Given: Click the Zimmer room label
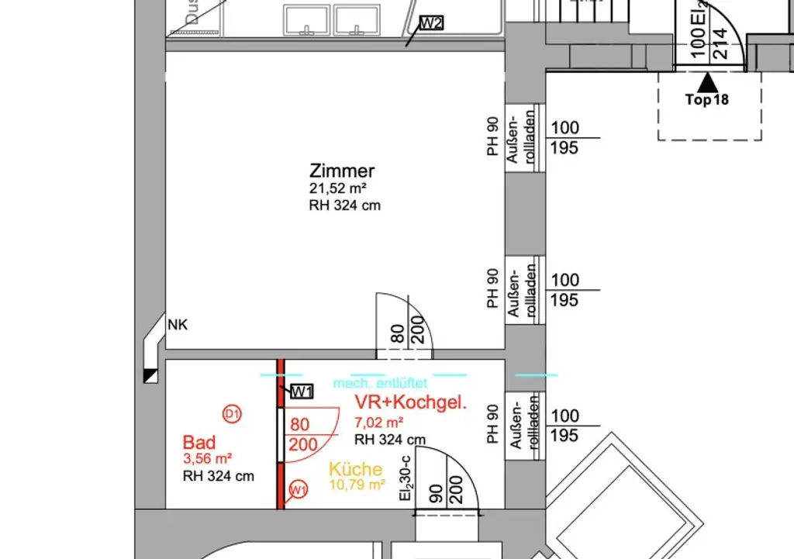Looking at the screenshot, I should click(x=342, y=171).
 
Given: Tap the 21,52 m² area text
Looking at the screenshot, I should click(x=338, y=189).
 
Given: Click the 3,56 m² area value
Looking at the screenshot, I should click(x=209, y=458).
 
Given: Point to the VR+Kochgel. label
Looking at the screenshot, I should click(x=410, y=403).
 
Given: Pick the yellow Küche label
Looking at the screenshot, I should click(x=355, y=469).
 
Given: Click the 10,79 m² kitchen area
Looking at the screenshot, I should click(x=357, y=485).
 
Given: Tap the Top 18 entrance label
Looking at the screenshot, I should click(x=707, y=99).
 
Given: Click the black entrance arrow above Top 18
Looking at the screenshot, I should click(x=707, y=81).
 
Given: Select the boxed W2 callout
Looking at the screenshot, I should click(x=431, y=22).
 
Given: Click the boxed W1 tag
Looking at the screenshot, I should click(x=301, y=392).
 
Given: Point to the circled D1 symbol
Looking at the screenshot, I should click(x=232, y=415).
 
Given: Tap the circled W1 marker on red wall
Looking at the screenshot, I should click(x=297, y=489).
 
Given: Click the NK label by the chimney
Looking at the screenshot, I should click(x=178, y=326).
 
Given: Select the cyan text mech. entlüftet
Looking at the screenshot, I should click(x=380, y=383).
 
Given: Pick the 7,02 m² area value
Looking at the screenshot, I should click(x=378, y=423).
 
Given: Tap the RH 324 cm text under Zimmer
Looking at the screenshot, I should click(x=344, y=205).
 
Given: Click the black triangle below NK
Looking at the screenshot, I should click(x=150, y=375).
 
